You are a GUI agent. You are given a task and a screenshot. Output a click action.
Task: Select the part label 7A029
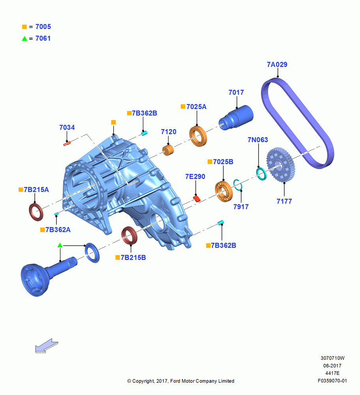pyautogui.click(x=277, y=64)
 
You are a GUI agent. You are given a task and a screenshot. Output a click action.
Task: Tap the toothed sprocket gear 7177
pyautogui.click(x=280, y=165)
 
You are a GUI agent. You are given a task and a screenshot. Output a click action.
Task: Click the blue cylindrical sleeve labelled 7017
pyautogui.click(x=236, y=117)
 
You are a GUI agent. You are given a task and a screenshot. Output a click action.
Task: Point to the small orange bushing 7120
pyautogui.click(x=168, y=150)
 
